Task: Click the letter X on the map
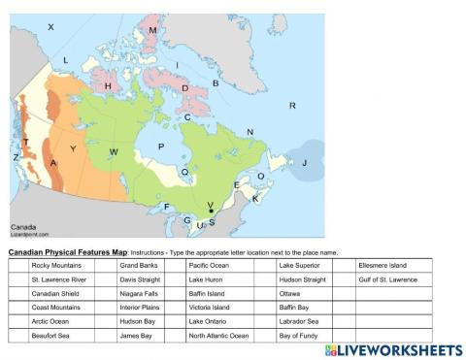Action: (51, 27)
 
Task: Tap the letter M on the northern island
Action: (153, 31)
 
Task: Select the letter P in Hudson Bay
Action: (161, 147)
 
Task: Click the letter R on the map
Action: (292, 105)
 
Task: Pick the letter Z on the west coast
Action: (15, 156)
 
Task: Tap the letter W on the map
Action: (114, 152)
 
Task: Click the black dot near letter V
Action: (211, 211)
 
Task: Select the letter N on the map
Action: (250, 132)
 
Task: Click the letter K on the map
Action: (255, 198)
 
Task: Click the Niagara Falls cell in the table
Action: (141, 293)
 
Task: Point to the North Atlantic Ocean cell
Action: (220, 335)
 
